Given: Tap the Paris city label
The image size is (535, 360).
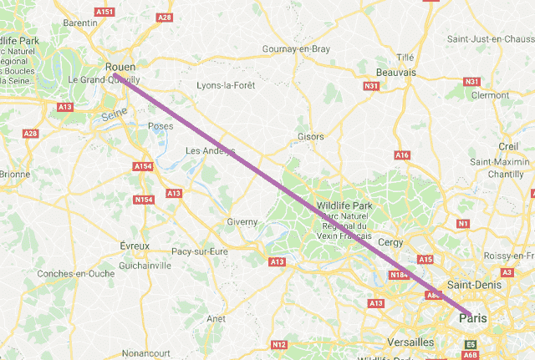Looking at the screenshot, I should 473,318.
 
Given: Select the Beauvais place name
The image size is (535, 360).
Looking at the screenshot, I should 396,73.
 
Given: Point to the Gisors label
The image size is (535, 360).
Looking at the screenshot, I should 310,136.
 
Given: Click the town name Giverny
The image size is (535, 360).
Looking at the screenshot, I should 242,222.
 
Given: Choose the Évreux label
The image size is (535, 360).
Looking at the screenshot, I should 135,246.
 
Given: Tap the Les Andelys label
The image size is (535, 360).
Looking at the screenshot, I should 210,151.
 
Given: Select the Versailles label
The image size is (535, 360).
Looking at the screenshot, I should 410,342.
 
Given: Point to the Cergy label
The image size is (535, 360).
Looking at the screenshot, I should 390,242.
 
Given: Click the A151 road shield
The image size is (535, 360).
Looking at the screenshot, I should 104,12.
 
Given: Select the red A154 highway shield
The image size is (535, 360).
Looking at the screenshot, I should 144,167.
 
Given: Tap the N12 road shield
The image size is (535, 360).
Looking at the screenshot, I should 279,344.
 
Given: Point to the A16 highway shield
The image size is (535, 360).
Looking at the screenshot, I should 402,155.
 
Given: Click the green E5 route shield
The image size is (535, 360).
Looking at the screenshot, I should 470,343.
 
